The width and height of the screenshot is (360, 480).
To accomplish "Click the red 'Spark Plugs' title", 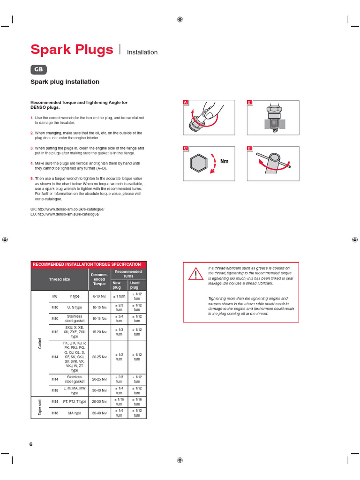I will point(71,50).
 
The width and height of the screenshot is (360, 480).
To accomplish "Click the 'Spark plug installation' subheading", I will point(65,82).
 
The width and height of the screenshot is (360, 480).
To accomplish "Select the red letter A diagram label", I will point(185,102).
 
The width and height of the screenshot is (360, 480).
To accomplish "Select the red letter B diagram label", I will point(249,102).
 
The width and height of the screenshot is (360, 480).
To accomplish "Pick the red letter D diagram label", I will point(249,149).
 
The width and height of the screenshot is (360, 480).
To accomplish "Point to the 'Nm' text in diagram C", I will point(224,161).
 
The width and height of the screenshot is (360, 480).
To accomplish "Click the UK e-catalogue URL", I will point(67,209).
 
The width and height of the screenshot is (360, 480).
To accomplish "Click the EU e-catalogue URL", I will point(65,214).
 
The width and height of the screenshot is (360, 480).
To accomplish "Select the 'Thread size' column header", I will point(60,279).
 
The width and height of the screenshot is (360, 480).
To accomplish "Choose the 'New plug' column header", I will point(117,285).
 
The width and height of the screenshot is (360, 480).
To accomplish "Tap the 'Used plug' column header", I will point(135,285).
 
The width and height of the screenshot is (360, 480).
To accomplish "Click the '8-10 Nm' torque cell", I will point(99,297).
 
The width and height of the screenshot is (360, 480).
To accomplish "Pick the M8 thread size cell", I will point(54,297).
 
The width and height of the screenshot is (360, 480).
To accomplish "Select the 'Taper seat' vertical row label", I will point(40,408).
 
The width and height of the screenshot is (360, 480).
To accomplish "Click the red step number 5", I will point(32,179).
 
